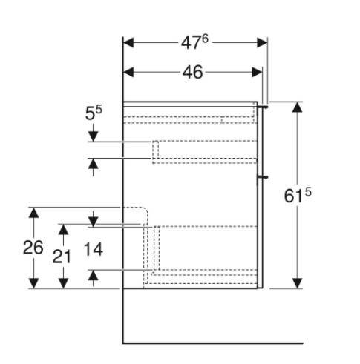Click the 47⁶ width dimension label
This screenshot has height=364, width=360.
coord(196,42)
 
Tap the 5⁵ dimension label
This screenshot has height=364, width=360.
coord(93,113)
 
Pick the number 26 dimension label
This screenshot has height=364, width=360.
coord(33,248)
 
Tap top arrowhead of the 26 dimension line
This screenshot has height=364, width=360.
coord(33,213)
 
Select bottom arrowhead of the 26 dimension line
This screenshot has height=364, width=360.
coord(33,282)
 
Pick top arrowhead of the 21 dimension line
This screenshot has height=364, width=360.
coord(64,229)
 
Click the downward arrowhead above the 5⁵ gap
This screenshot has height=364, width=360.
coord(94,136)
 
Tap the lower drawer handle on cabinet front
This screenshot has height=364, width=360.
coord(263,178)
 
